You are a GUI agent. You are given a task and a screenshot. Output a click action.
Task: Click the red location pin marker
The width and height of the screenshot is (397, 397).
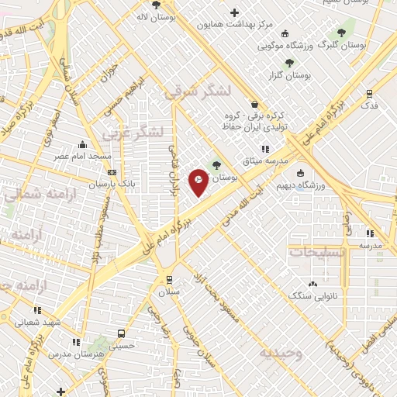pos(198,181)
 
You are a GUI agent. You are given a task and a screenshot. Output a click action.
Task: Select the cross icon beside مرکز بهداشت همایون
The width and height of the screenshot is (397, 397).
pos(235,12)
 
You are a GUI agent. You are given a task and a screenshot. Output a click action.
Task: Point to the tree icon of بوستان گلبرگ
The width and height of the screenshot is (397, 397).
pos(340,33)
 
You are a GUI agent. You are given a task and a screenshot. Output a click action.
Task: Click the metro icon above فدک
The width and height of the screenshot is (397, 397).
pos(369,93)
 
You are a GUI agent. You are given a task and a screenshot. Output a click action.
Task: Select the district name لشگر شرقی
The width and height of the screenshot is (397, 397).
pos(198,91)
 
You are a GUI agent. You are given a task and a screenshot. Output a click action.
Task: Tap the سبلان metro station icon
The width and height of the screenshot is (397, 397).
pos(169,279)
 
